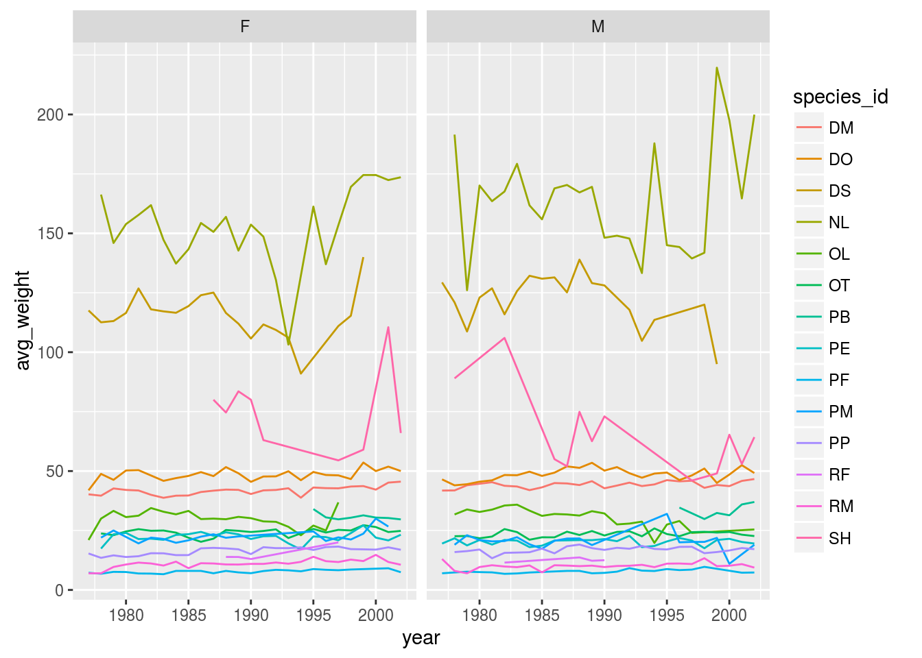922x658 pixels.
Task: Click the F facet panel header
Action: tap(245, 27)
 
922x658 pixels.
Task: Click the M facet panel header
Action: tap(598, 27)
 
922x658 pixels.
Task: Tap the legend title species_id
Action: tap(840, 97)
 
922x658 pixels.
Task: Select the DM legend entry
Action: tap(840, 128)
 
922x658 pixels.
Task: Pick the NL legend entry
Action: tap(838, 223)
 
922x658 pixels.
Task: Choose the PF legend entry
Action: tap(839, 380)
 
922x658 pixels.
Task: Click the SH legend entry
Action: tap(840, 538)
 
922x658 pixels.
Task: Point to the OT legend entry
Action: tap(839, 286)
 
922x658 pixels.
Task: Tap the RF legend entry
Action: tap(839, 475)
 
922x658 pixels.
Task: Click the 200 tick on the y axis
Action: tap(50, 115)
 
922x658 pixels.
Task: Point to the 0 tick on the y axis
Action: tap(60, 590)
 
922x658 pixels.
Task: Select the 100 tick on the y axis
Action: tap(50, 352)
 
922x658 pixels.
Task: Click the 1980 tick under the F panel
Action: tap(126, 615)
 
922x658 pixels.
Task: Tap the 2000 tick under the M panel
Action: tap(729, 615)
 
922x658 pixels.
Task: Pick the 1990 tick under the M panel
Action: tap(604, 615)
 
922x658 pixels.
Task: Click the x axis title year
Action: tap(421, 638)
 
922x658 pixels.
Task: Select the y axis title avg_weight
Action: tap(23, 320)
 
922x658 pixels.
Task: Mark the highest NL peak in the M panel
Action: tap(717, 67)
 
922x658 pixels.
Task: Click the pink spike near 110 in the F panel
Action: tap(388, 327)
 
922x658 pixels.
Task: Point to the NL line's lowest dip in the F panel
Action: tap(288, 344)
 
